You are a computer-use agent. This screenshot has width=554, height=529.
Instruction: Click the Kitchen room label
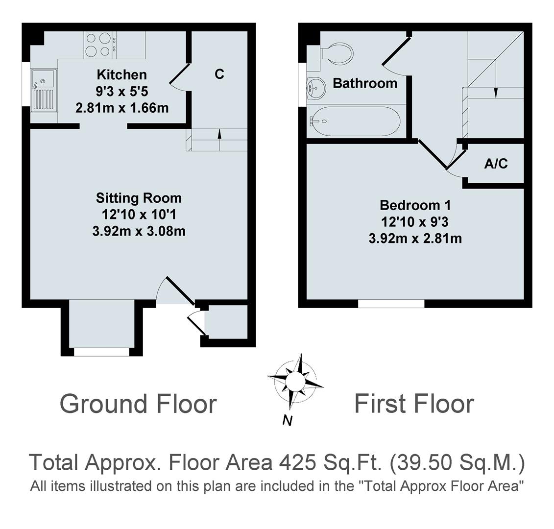coord(121,75)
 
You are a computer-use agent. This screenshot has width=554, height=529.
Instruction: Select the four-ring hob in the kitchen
coord(98,44)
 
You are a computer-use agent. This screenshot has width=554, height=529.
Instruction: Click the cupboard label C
coord(219,74)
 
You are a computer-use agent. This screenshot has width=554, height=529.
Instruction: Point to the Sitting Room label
coord(139,198)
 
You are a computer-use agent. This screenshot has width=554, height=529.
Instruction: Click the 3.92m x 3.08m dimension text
coord(139,231)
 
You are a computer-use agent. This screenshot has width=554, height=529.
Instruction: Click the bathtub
coord(356,121)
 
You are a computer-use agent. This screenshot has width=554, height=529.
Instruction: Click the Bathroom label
coord(365,83)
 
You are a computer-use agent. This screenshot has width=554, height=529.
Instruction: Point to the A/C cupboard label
coord(496,164)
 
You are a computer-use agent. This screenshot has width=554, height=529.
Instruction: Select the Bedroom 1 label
coord(415,205)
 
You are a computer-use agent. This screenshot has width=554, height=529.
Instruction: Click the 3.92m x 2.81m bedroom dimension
coord(415,239)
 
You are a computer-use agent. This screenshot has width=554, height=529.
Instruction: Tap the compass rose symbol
coord(295,381)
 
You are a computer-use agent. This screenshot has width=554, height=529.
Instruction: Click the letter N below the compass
coord(288,420)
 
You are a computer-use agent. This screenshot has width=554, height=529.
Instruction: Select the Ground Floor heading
coord(138,404)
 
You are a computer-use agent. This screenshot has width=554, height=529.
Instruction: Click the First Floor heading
coord(414,404)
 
